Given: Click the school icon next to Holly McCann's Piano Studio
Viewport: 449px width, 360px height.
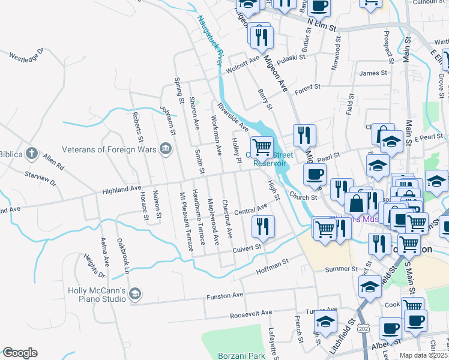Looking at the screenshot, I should (x=136, y=293).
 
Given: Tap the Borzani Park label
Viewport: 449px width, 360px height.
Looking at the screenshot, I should (x=241, y=355).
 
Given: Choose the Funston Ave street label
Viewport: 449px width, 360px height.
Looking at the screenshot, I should (x=225, y=296).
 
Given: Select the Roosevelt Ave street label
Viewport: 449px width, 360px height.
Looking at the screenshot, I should (x=251, y=313).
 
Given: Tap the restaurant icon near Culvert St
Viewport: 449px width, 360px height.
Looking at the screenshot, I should (x=262, y=226).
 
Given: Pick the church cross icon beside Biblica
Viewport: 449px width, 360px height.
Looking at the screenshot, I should (x=32, y=154).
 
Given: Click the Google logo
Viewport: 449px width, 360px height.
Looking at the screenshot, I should (x=20, y=353).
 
